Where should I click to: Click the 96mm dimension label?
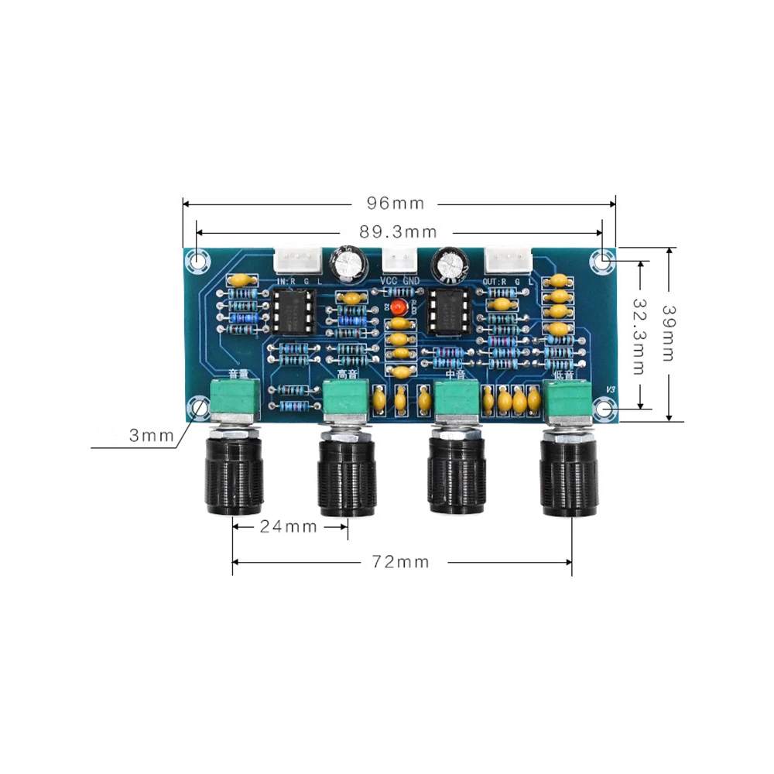396,204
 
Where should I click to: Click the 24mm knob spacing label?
288,527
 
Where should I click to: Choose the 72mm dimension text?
399,562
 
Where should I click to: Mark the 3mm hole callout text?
151,436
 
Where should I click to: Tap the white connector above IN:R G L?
297,259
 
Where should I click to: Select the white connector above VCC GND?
399,259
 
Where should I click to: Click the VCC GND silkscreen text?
399,280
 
